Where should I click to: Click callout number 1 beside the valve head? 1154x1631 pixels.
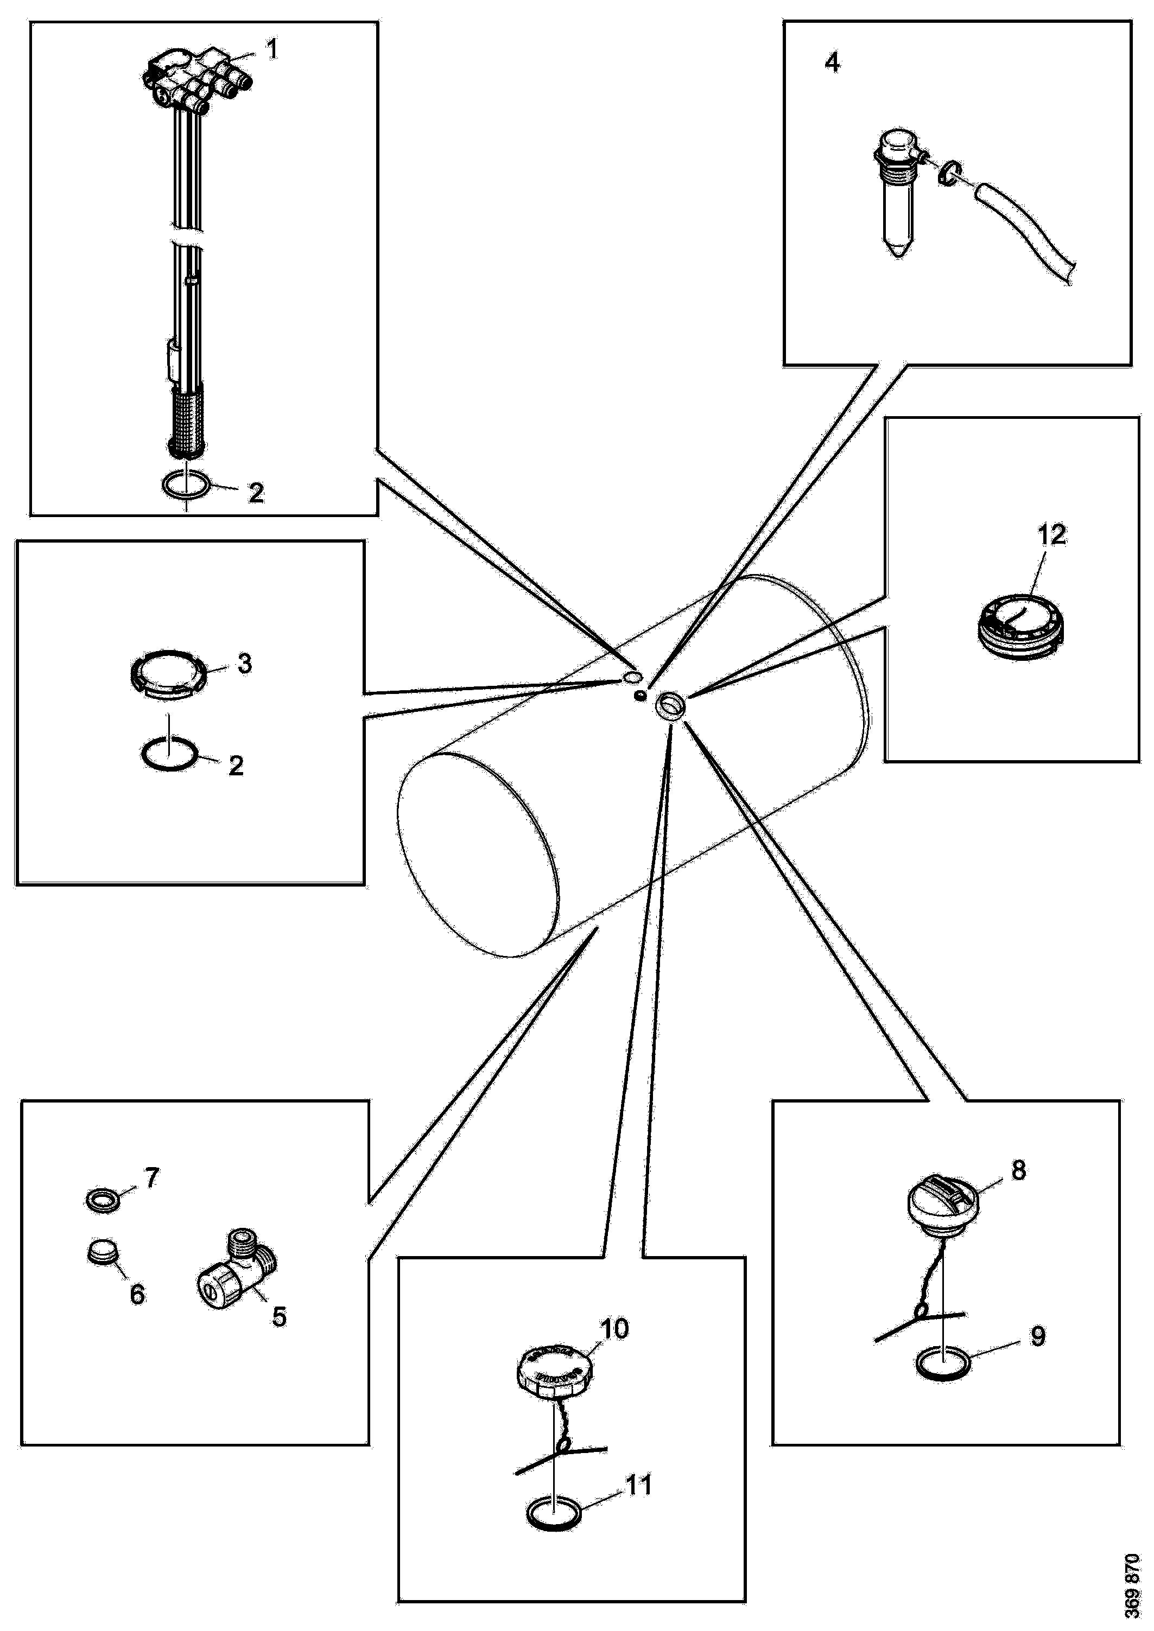tap(271, 50)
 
